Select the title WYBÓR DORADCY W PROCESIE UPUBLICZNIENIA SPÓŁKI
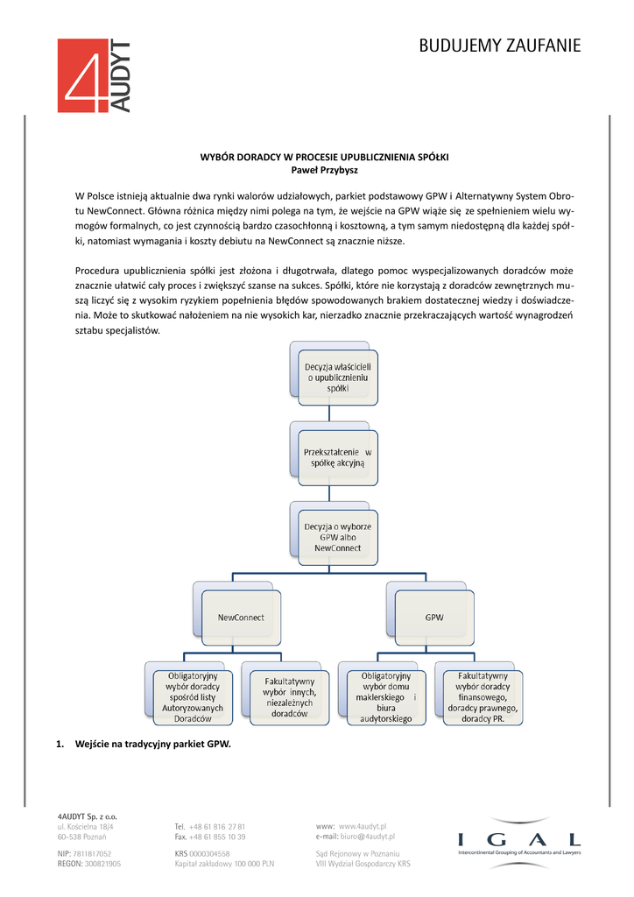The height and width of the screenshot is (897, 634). pos(325,156)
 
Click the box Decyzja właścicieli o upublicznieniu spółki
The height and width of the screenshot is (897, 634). pos(337,376)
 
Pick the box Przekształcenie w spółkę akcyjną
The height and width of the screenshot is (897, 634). pos(337,456)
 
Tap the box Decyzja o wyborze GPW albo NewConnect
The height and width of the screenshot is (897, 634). pos(337,537)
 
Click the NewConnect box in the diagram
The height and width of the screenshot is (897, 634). pos(240,617)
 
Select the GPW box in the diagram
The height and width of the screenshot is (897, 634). pos(433,617)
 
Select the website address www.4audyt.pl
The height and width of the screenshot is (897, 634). pos(363,826)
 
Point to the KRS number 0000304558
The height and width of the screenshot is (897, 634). pos(208,852)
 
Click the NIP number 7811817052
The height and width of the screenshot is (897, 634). pos(92,852)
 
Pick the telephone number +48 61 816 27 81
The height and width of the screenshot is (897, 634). pos(217,826)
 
